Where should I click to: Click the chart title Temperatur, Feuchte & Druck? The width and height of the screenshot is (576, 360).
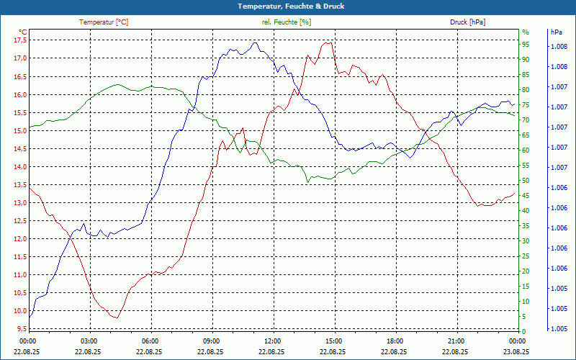[288, 6]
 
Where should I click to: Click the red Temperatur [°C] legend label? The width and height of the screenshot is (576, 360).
[104, 22]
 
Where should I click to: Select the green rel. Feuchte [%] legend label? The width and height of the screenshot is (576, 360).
[287, 22]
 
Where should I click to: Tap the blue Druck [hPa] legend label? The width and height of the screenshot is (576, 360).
[467, 22]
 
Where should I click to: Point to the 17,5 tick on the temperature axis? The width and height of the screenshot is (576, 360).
[19, 40]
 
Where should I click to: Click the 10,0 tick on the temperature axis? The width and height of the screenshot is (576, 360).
[19, 311]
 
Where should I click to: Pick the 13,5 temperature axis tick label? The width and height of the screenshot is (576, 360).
[19, 185]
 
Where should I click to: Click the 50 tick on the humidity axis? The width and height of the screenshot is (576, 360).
[526, 181]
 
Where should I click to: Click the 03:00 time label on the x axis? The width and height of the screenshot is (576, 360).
[89, 341]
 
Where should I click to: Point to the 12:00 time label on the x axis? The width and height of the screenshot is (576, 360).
[273, 341]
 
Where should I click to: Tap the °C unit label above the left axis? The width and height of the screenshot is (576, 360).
[22, 32]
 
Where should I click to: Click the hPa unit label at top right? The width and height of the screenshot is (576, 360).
[556, 32]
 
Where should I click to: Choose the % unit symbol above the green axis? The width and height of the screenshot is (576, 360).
[526, 32]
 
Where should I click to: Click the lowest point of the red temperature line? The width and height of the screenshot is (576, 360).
[114, 318]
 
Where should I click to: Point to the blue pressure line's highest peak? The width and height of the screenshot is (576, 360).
[256, 42]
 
